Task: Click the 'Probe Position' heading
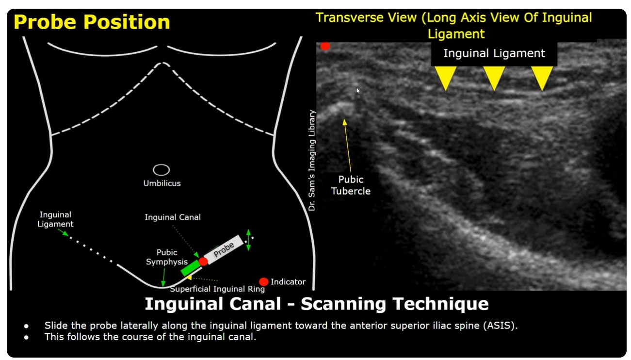(x=92, y=22)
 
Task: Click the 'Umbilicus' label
(x=162, y=183)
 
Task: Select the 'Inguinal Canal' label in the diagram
(x=173, y=217)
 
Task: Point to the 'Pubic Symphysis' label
(x=167, y=257)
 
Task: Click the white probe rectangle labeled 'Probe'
(x=224, y=249)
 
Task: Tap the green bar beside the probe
(x=191, y=268)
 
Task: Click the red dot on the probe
(x=203, y=262)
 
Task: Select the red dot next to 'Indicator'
(x=264, y=282)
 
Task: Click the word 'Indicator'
(x=288, y=282)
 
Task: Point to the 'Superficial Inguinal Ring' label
(x=217, y=289)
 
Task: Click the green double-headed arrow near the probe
(x=248, y=240)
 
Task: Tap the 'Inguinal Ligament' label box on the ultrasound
(x=494, y=53)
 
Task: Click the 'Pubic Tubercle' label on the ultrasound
(x=351, y=185)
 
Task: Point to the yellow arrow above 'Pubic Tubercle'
(x=348, y=146)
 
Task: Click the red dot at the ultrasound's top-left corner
(x=325, y=46)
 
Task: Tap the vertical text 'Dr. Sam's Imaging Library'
(x=312, y=160)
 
